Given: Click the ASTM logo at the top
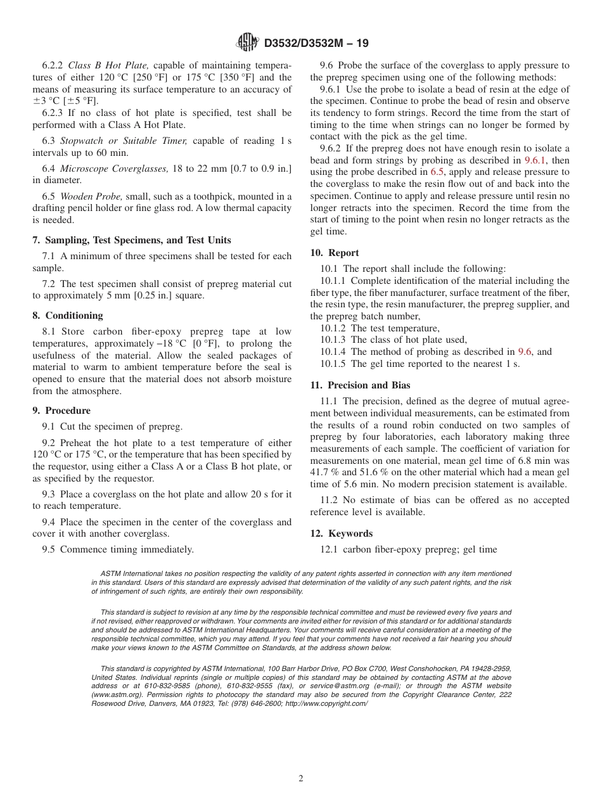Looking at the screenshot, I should (x=247, y=42).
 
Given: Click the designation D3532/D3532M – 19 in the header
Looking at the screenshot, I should (x=316, y=43).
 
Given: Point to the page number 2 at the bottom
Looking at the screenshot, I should (x=301, y=779).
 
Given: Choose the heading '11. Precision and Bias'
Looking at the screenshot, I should (x=360, y=385).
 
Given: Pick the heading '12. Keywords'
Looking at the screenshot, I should (x=342, y=533).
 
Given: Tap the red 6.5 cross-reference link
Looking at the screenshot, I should (x=437, y=172).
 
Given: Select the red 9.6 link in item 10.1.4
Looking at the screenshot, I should (x=525, y=352).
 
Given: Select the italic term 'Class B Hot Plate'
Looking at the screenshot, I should (x=108, y=65).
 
